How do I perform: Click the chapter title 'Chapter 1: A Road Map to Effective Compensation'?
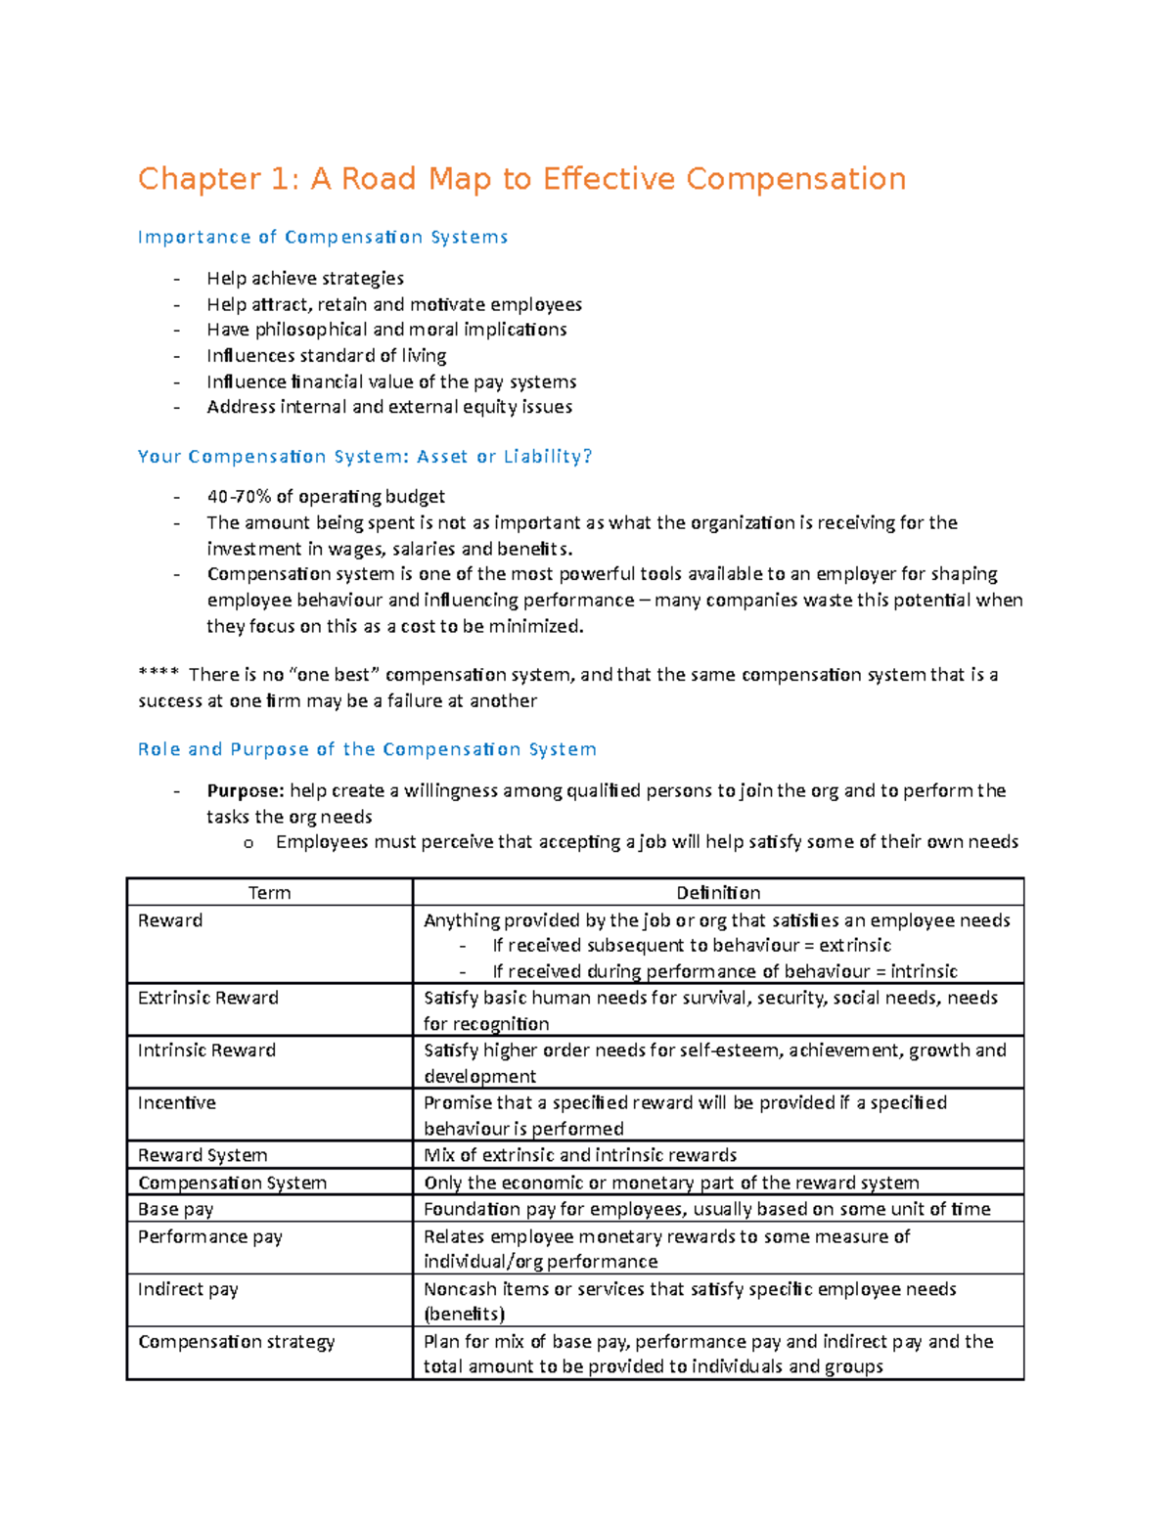pos(521,179)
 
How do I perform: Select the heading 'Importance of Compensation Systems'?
pos(323,237)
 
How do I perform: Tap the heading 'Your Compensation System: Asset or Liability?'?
pos(365,456)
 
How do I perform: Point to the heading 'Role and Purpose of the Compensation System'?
pos(367,749)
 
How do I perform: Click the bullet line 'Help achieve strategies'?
pos(305,278)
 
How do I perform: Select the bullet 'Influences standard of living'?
pos(326,355)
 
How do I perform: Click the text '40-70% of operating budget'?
pos(326,496)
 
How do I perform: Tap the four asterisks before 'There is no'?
pos(158,675)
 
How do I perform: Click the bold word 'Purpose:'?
pos(245,790)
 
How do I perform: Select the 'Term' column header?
pos(269,892)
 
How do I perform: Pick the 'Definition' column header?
pos(718,892)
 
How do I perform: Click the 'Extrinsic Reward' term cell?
pos(208,998)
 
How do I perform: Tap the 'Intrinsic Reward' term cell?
pos(206,1050)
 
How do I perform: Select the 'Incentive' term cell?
pos(176,1102)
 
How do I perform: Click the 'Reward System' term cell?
pos(203,1155)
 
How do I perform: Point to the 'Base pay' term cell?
pos(175,1209)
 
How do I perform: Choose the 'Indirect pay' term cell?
pos(188,1289)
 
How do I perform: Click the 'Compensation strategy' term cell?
pos(236,1341)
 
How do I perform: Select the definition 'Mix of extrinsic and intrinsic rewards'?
pos(580,1155)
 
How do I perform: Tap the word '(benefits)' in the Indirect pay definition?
pos(464,1314)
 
